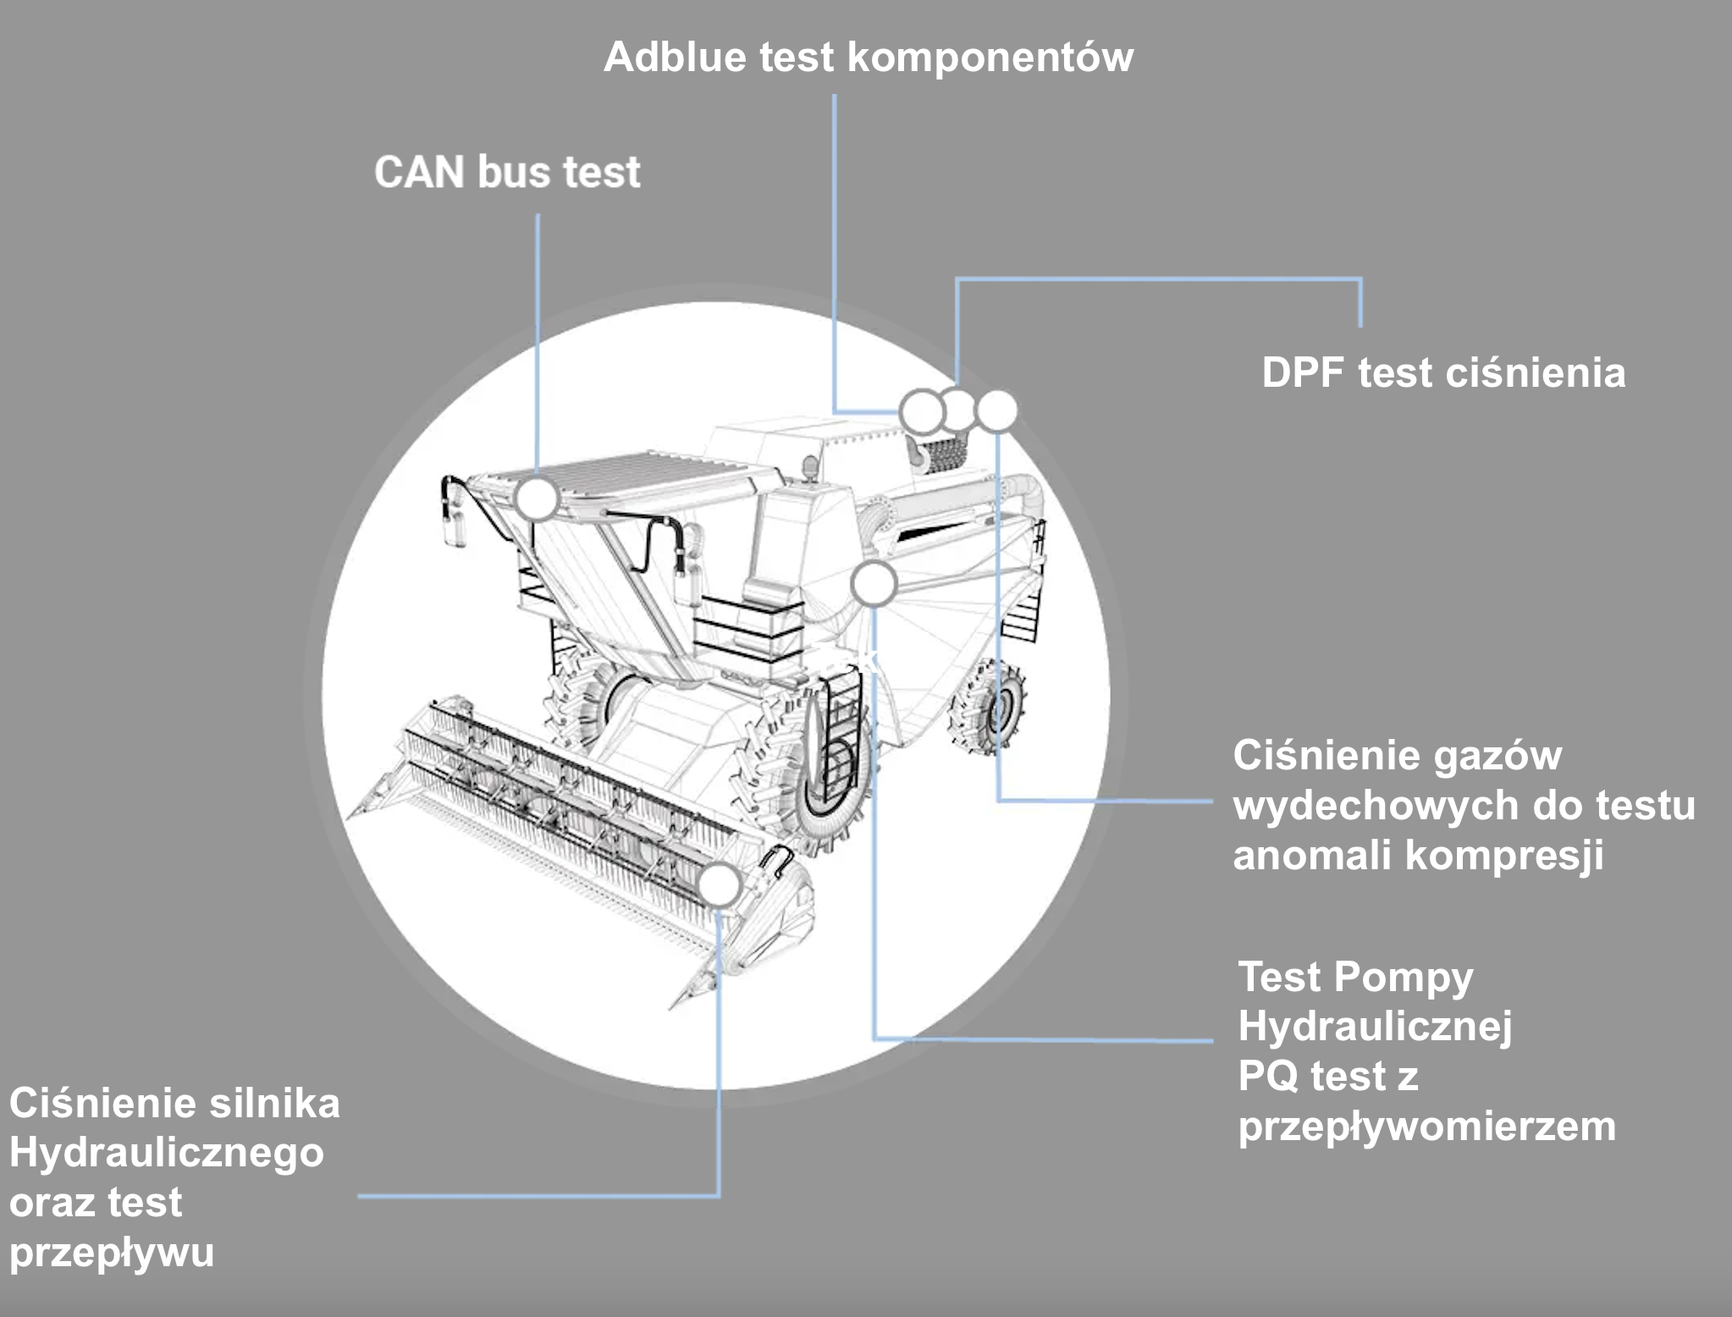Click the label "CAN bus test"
tap(507, 172)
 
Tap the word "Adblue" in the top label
tap(676, 58)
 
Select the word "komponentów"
tap(990, 58)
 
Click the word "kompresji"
tap(1504, 855)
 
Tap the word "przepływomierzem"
tap(1426, 1127)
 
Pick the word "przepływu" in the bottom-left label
tap(112, 1253)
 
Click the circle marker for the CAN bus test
tap(537, 499)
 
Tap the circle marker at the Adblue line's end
tap(920, 412)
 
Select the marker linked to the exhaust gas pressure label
tap(996, 411)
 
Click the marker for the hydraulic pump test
tap(874, 584)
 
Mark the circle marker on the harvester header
tap(720, 884)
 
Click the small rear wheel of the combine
tap(990, 707)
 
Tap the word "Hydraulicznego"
tap(167, 1153)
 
